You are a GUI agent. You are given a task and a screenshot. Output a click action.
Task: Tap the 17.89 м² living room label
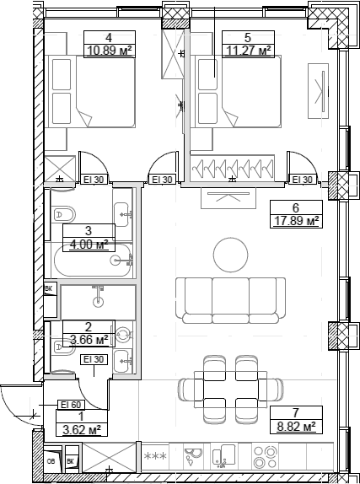pos(295,222)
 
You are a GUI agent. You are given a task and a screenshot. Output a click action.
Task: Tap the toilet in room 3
pos(62,214)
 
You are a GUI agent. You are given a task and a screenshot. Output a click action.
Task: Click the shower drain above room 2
pos(99,300)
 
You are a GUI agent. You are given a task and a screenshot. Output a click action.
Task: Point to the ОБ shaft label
pos(51,462)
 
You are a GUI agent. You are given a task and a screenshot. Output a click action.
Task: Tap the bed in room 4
pos(94,93)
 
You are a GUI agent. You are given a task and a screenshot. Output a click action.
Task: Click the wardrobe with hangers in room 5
pos(234,169)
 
